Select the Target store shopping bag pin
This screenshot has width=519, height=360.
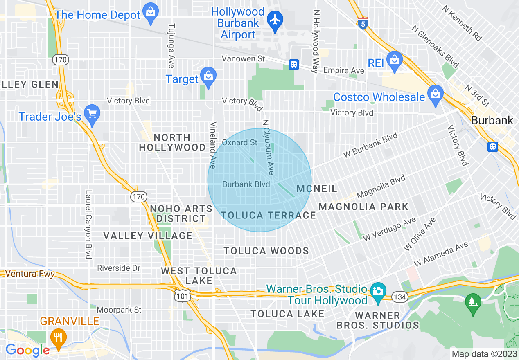208,76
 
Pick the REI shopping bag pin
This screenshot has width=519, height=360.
394,61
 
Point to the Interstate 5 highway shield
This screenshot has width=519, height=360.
362,23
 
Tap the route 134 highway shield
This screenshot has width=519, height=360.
399,297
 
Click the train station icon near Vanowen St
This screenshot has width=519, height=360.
293,65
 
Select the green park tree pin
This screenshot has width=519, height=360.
474,303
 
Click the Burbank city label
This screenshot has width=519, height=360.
492,120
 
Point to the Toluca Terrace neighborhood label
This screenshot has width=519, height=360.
269,216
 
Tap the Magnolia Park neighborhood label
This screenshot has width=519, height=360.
363,207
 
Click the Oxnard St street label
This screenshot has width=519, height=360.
240,142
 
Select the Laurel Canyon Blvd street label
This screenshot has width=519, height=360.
88,225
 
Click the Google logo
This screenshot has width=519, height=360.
27,350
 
